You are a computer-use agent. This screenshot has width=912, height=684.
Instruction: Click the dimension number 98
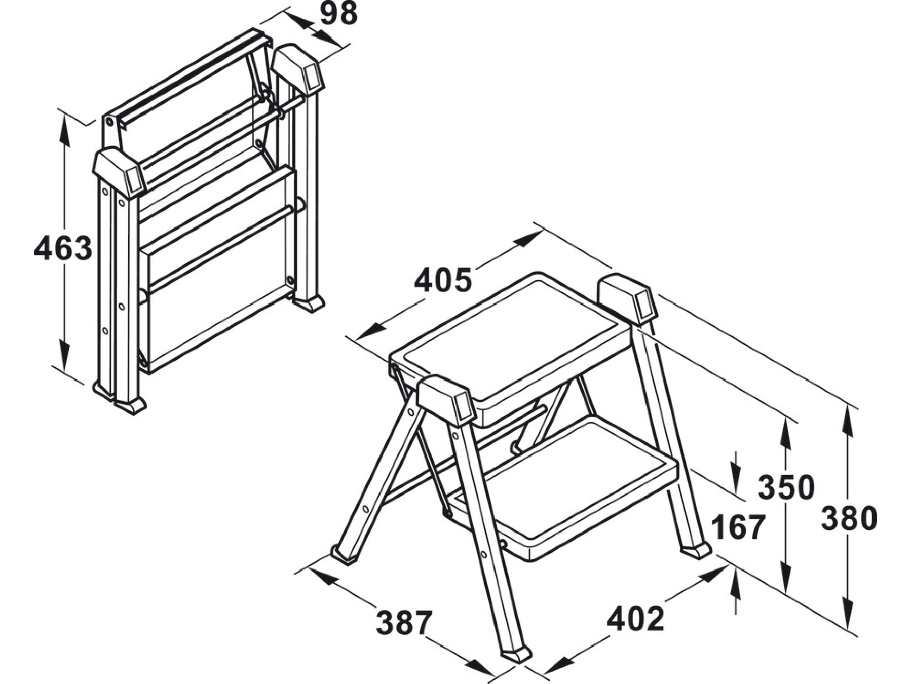coord(339,14)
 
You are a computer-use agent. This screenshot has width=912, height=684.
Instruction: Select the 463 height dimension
coord(63,249)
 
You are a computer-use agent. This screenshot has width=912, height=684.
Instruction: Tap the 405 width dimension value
coord(443,280)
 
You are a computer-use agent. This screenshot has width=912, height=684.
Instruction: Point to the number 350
coord(786,487)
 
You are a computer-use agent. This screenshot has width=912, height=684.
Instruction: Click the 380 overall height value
coord(849,518)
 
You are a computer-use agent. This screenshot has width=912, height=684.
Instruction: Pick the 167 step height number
coord(738,527)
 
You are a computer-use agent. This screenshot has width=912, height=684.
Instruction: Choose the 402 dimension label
coord(635,619)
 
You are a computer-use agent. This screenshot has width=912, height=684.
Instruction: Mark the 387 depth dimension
coord(404,622)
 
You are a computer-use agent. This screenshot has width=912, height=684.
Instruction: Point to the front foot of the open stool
coord(516,654)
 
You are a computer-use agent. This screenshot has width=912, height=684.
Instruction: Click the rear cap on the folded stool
coord(298,70)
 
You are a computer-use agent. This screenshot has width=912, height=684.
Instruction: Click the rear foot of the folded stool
coord(309,304)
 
